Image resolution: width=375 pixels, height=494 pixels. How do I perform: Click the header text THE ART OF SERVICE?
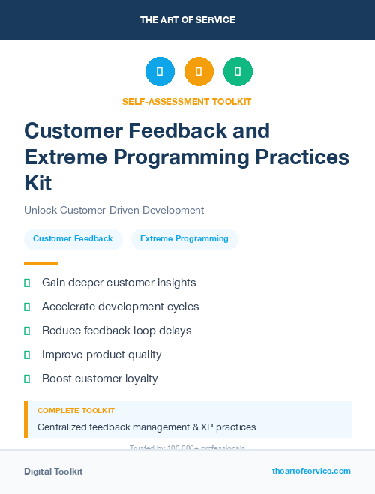coord(187,20)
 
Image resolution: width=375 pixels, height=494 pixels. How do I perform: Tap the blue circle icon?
coord(160,71)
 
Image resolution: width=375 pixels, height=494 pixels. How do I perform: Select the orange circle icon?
coord(199,71)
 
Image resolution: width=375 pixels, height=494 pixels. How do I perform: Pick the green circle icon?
coord(238,71)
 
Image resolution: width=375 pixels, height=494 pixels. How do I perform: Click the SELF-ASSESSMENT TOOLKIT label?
coord(187,101)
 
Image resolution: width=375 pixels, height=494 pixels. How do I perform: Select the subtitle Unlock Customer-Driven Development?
coord(114,211)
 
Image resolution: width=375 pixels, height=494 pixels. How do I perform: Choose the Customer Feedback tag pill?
coord(73,239)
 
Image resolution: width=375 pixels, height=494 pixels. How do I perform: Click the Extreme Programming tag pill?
coord(184,239)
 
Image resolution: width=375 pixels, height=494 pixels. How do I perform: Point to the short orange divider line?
coord(40,263)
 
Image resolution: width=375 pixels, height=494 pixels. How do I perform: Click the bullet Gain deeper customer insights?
coord(118,283)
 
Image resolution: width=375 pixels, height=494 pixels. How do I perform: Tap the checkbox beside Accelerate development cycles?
coord(27,307)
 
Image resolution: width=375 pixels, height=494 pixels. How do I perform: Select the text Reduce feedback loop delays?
coord(116,331)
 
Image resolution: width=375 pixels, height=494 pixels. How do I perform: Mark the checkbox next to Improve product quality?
coord(27,355)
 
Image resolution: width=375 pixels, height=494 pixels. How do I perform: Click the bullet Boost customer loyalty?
coord(100,379)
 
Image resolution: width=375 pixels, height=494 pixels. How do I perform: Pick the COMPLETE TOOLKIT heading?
coord(76,411)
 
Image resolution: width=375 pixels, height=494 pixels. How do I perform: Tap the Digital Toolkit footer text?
coord(53,472)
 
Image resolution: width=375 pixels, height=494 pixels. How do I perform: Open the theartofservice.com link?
coord(311,471)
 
